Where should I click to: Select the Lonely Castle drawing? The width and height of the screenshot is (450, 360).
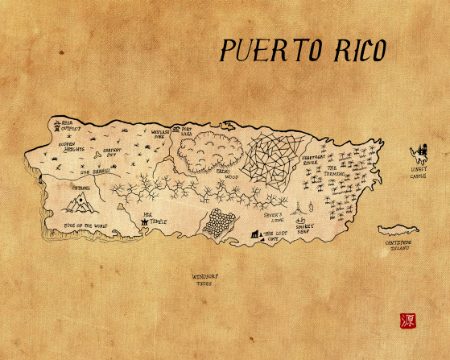[x=419, y=151]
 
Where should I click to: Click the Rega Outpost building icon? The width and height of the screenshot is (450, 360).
[x=57, y=125]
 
